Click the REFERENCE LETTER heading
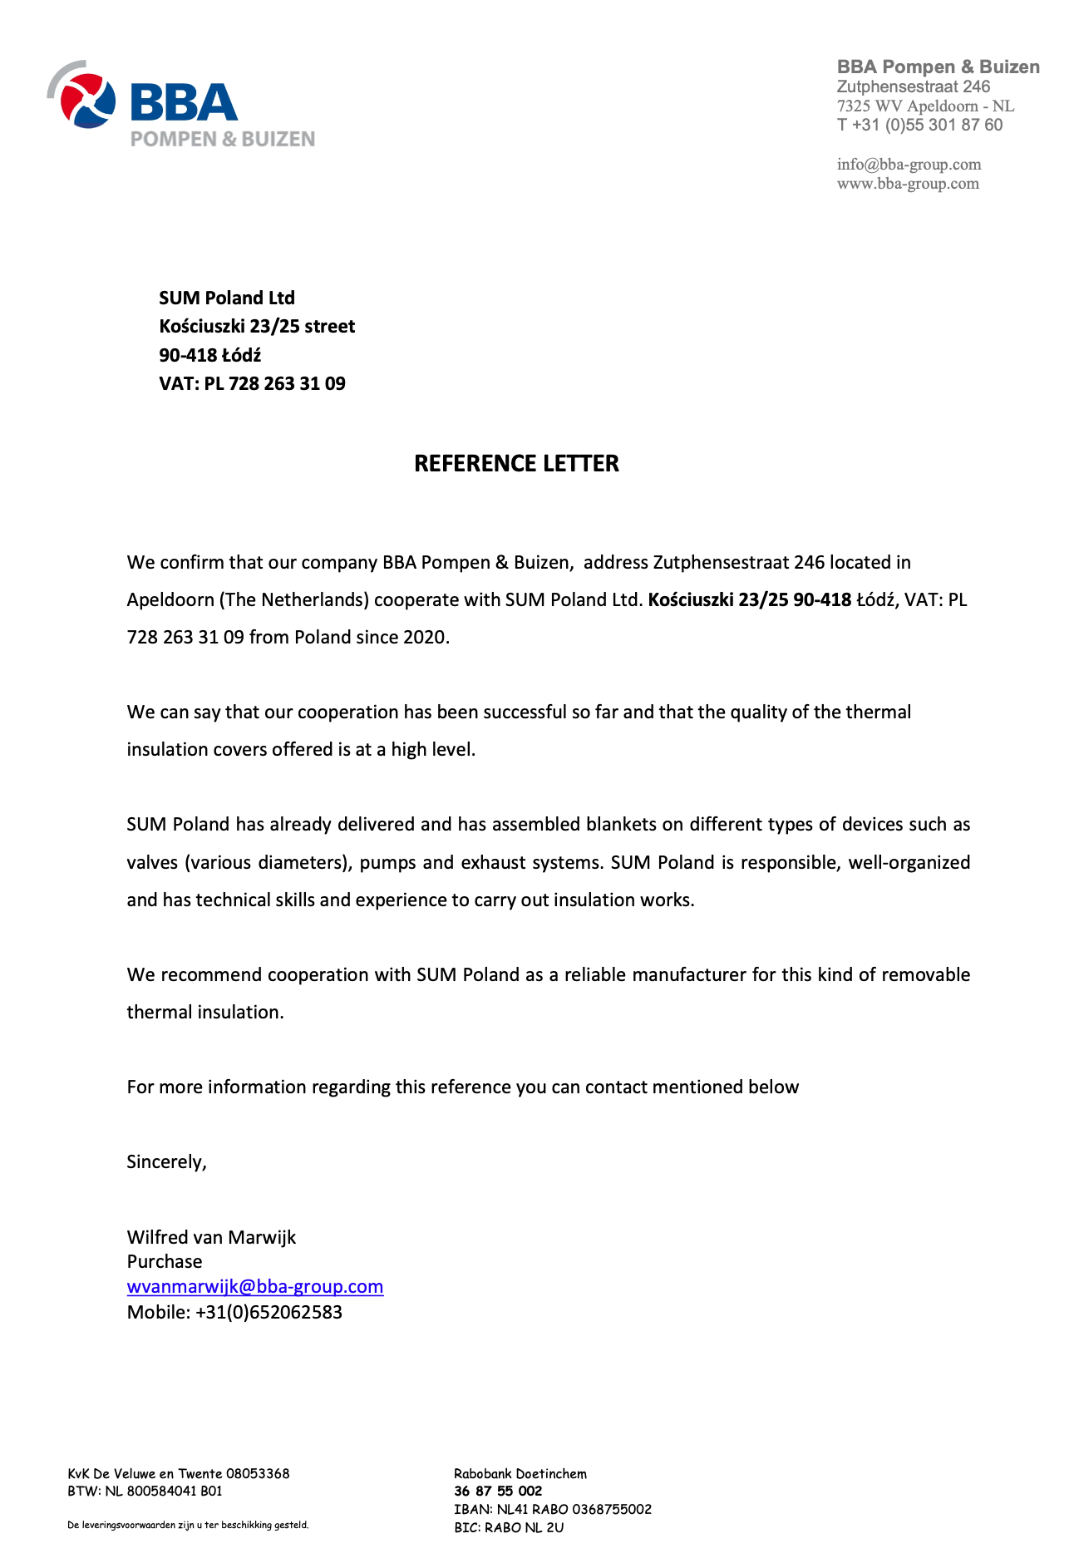click(516, 463)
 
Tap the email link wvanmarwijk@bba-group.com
click(255, 1286)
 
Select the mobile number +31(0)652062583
click(268, 1312)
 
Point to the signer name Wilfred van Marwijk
click(211, 1237)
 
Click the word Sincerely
click(166, 1161)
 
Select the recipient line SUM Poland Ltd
click(227, 298)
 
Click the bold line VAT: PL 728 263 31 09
click(252, 383)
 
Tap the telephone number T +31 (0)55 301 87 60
click(919, 125)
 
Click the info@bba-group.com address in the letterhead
click(909, 164)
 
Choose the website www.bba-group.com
click(908, 183)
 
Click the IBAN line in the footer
click(553, 1509)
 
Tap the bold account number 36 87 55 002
click(498, 1491)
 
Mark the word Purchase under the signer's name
click(165, 1261)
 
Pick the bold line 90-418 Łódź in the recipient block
click(210, 355)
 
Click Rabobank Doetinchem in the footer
click(520, 1473)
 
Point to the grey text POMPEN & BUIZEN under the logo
click(223, 139)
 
